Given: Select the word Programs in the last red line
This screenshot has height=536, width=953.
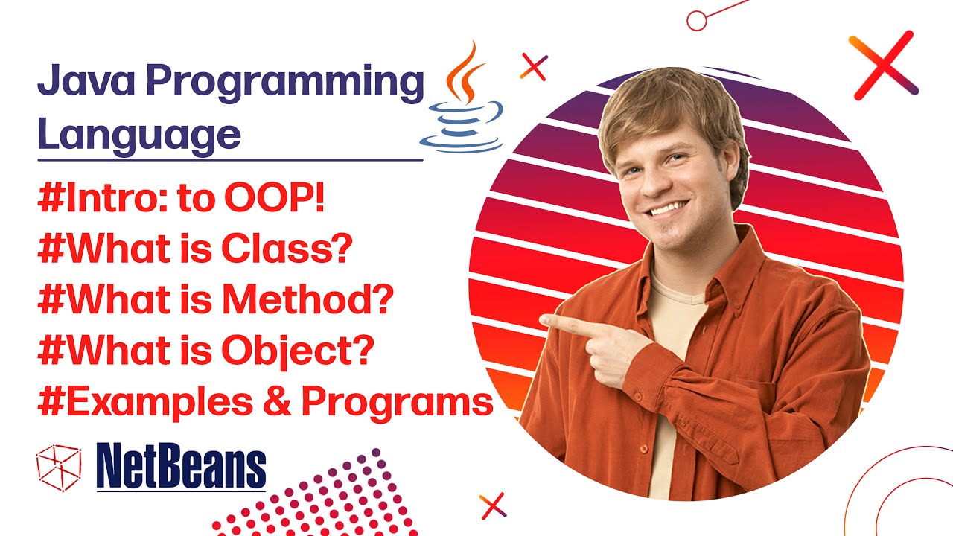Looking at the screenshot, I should [x=397, y=402].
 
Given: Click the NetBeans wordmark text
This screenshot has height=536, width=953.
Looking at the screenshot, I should [x=181, y=467].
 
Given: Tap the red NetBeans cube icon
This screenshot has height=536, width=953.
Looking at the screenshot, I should [x=58, y=466].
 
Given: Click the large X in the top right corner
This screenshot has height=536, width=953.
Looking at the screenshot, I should [x=883, y=65].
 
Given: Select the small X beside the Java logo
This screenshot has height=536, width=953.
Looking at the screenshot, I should [x=534, y=67].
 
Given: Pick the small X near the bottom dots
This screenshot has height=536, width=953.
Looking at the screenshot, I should [x=493, y=505].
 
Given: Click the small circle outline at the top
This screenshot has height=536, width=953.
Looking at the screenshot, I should [x=696, y=20].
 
